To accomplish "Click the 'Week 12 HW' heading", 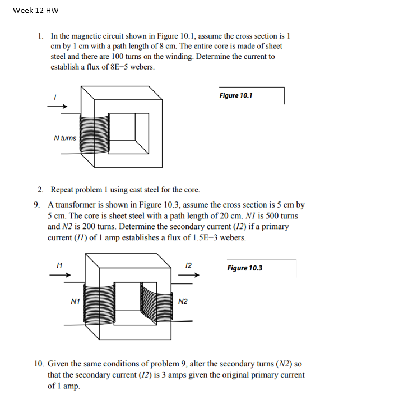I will [35, 11].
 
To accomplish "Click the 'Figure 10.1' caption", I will [235, 95].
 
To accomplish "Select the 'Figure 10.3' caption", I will [244, 268].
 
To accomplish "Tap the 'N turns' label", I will [65, 138].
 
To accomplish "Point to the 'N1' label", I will [75, 301].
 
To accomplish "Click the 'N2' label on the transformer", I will [183, 301].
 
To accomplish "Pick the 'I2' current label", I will [188, 264].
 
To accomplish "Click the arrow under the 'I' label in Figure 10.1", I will [61, 107].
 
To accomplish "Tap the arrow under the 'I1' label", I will [63, 276].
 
